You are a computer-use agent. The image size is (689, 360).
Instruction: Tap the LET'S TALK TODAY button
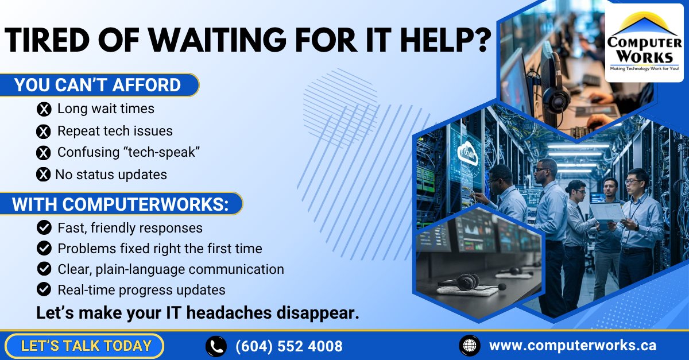pos(86,346)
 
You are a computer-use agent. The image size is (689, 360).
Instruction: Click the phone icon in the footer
pos(216,346)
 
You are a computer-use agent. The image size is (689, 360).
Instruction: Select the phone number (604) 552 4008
pos(289,346)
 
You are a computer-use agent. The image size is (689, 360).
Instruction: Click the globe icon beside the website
pos(470,346)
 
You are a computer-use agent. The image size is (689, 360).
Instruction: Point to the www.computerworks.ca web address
pos(572,346)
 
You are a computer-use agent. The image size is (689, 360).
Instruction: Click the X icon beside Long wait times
pos(44,109)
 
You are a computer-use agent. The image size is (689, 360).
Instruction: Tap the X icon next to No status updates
pos(43,174)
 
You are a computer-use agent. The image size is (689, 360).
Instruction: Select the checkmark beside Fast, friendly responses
pos(44,228)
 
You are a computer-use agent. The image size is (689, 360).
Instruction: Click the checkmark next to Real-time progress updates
pos(44,289)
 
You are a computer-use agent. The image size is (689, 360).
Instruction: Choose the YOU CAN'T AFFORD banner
pos(98,86)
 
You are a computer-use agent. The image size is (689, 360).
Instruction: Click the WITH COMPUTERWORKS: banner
pos(121,204)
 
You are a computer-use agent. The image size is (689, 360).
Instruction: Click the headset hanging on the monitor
pos(553,92)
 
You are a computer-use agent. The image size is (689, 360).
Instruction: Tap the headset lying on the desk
pos(462,282)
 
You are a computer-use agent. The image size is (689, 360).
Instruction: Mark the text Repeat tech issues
pos(115,131)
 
